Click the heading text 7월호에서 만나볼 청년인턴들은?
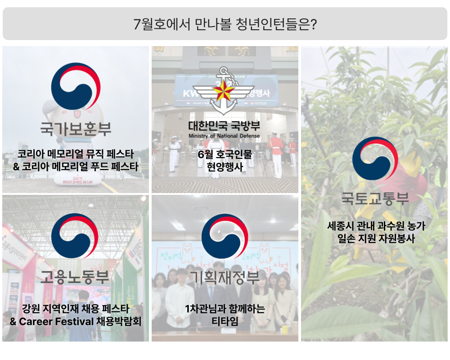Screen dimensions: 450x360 tap(225, 24)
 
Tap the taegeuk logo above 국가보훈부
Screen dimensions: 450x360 tap(76, 86)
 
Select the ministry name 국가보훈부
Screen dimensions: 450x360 tap(76, 129)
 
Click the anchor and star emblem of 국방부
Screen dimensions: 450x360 tap(224, 91)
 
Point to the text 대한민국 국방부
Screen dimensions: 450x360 tap(224, 126)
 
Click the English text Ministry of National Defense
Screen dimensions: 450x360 tap(224, 136)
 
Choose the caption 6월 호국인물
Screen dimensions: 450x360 tap(225, 154)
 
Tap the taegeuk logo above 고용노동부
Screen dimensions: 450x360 tap(75, 236)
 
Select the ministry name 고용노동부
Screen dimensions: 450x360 tap(75, 277)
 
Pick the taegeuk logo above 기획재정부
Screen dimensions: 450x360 tap(225, 236)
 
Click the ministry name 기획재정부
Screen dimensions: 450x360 tap(225, 277)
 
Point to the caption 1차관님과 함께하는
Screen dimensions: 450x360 tap(225, 309)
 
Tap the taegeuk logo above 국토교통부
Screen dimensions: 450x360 tap(375, 158)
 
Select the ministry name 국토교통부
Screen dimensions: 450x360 tap(375, 198)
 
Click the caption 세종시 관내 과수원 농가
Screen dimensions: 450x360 tap(376, 226)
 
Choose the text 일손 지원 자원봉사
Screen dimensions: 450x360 tap(376, 238)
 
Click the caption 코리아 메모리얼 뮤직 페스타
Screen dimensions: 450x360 tap(76, 154)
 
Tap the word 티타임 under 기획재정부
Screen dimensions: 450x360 tap(225, 321)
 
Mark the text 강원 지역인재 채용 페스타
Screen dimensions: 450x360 tap(76, 309)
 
